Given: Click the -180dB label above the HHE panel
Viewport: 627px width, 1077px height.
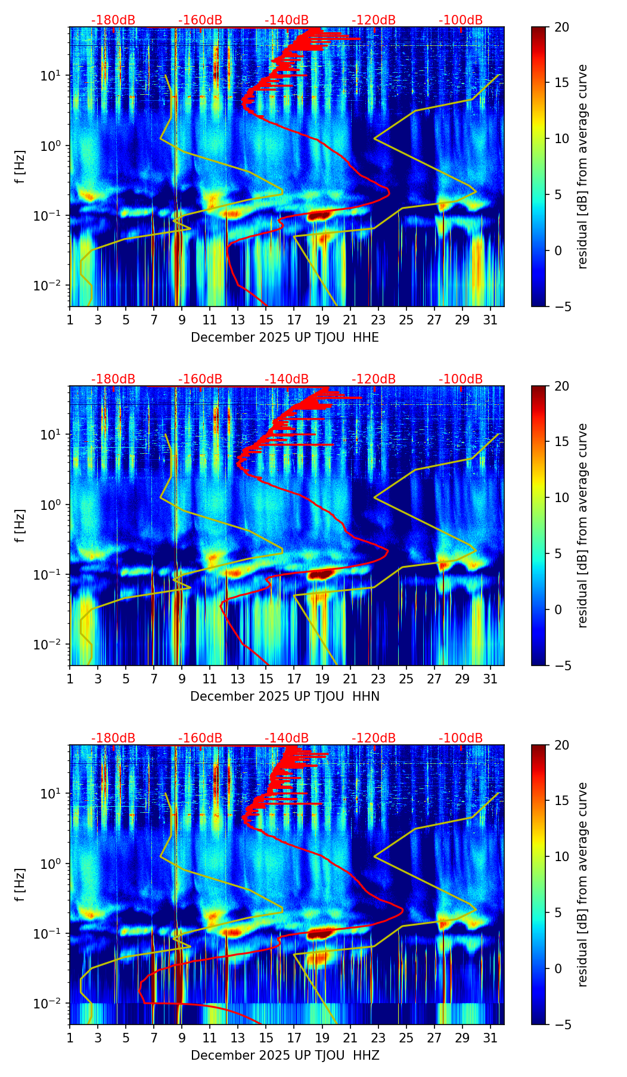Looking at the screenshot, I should (113, 20).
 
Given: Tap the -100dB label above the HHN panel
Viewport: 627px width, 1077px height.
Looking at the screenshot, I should (461, 379).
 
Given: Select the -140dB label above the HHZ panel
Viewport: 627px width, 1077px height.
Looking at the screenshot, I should (287, 738).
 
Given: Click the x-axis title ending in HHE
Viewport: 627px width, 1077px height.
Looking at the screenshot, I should (285, 338).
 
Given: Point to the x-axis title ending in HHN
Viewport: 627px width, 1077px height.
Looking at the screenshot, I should (285, 697).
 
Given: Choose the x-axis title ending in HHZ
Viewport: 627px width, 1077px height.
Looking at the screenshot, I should (285, 1056).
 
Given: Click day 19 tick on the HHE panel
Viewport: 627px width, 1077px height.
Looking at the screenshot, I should (322, 320).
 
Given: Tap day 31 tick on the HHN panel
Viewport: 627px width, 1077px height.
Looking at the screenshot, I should (491, 679).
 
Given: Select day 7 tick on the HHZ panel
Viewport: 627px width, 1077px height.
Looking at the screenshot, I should (154, 1038).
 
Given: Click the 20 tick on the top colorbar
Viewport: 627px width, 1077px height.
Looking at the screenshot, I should (561, 27).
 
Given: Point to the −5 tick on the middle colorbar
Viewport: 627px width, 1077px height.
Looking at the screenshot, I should (561, 665).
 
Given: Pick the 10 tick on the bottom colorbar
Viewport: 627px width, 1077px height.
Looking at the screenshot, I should (561, 856).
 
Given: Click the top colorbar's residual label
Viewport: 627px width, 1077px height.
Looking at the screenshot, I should (583, 166).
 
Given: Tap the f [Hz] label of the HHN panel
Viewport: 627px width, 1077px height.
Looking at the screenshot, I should (21, 525).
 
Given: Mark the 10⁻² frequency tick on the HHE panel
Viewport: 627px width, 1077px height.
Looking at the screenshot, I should (52, 286).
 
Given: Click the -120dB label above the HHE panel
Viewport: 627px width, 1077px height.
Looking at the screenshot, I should (374, 20).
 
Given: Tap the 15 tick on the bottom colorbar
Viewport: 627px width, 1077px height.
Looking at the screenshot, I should (561, 801).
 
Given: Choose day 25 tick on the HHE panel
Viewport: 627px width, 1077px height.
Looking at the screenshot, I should (406, 320).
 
